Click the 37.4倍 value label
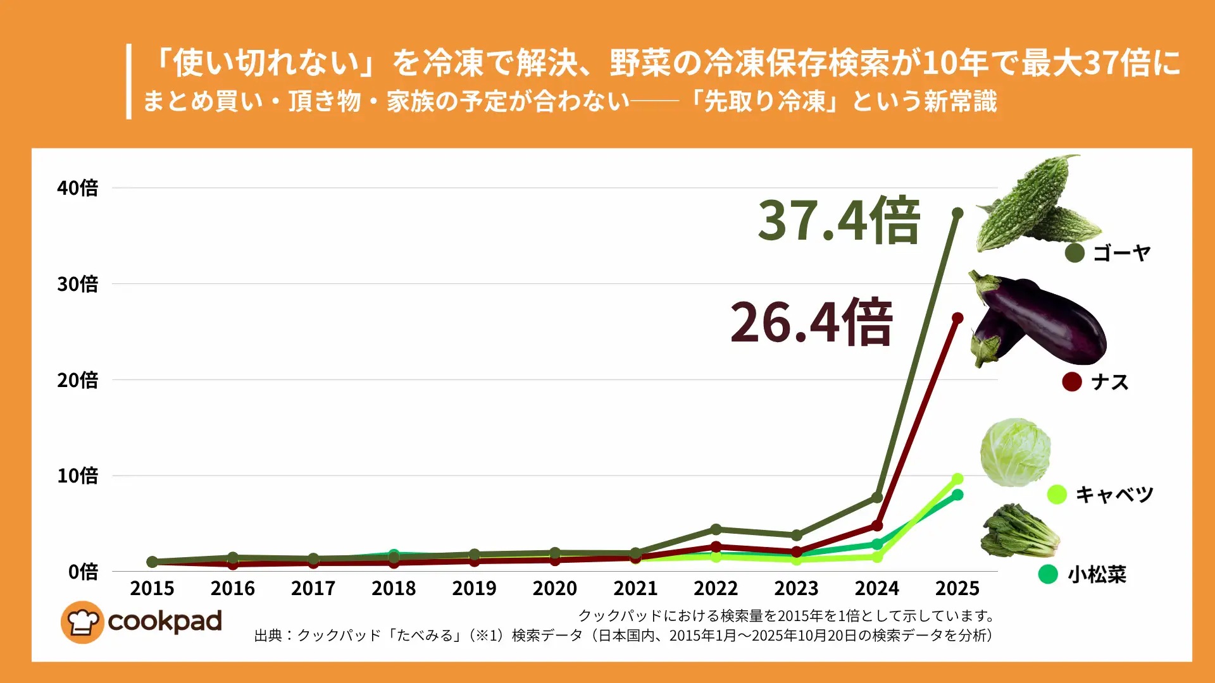[x=838, y=221]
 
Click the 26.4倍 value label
[x=811, y=323]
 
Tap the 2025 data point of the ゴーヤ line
[x=957, y=214]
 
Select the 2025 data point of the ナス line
[x=957, y=318]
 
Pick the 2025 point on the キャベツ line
[x=957, y=479]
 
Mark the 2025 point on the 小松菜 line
[x=957, y=495]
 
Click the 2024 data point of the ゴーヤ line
[x=877, y=498]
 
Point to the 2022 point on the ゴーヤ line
[x=716, y=529]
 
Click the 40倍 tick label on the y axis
[x=77, y=188]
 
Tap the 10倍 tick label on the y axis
[x=77, y=476]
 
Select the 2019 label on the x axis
[x=474, y=588]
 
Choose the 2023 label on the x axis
[x=796, y=588]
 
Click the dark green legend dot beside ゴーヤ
[x=1075, y=253]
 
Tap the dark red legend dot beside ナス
[x=1071, y=382]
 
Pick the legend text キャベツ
[x=1114, y=495]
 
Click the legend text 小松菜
[x=1097, y=574]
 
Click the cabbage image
[x=1015, y=452]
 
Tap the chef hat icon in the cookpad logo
[x=82, y=622]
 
